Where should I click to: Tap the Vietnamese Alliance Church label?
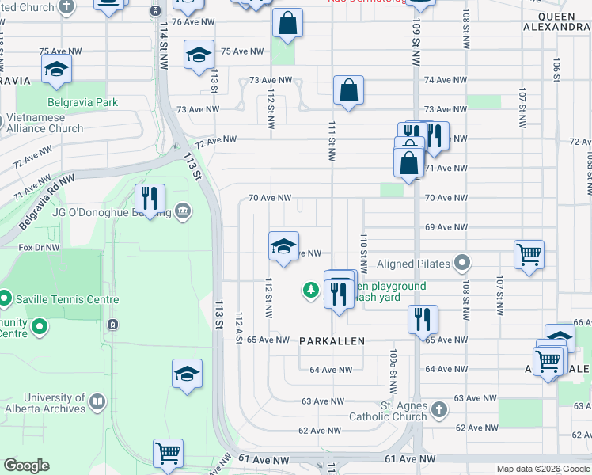pos(44,123)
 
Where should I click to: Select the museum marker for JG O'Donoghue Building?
pos(183,210)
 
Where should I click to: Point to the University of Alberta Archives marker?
pos(97,402)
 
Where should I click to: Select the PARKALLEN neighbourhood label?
pos(332,341)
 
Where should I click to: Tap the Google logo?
pos(26,465)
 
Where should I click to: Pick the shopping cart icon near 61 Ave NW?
pos(168,454)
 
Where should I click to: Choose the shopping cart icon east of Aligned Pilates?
pos(529,255)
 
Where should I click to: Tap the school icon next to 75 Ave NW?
pos(199,55)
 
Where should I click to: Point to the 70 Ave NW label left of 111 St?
pos(270,198)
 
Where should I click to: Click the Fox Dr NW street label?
pos(40,247)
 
